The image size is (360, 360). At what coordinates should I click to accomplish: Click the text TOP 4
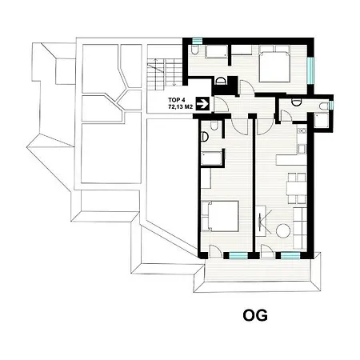pyautogui.click(x=176, y=100)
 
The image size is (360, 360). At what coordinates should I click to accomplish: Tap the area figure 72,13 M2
pyautogui.click(x=180, y=107)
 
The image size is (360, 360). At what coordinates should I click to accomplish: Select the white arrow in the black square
pyautogui.click(x=203, y=103)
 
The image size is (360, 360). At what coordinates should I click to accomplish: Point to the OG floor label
pyautogui.click(x=255, y=315)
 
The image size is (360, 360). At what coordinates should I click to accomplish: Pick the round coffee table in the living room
pyautogui.click(x=283, y=231)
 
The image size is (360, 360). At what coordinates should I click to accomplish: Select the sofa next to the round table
pyautogui.click(x=300, y=228)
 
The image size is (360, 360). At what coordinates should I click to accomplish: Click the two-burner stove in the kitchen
pyautogui.click(x=302, y=130)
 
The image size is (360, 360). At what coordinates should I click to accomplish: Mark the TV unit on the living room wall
pyautogui.click(x=261, y=221)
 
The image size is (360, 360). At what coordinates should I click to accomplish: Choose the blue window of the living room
pyautogui.click(x=290, y=256)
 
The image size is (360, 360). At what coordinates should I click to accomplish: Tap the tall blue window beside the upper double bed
pyautogui.click(x=310, y=70)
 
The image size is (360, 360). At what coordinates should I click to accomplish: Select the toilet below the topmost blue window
pyautogui.click(x=195, y=50)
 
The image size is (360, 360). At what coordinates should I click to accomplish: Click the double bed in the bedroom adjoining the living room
pyautogui.click(x=220, y=216)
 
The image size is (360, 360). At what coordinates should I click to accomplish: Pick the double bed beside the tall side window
pyautogui.click(x=274, y=63)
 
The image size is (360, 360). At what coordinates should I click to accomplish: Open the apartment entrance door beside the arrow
pyautogui.click(x=222, y=104)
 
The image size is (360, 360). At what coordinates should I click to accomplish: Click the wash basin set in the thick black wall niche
pyautogui.click(x=221, y=81)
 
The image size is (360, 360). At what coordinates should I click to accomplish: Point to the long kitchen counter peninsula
pyautogui.click(x=291, y=160)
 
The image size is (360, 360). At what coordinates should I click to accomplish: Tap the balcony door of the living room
pyautogui.click(x=267, y=252)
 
